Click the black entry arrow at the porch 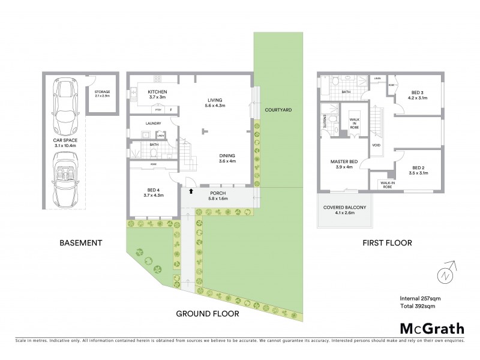click(191, 191)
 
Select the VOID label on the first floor click(376, 145)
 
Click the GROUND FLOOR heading click(208, 314)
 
